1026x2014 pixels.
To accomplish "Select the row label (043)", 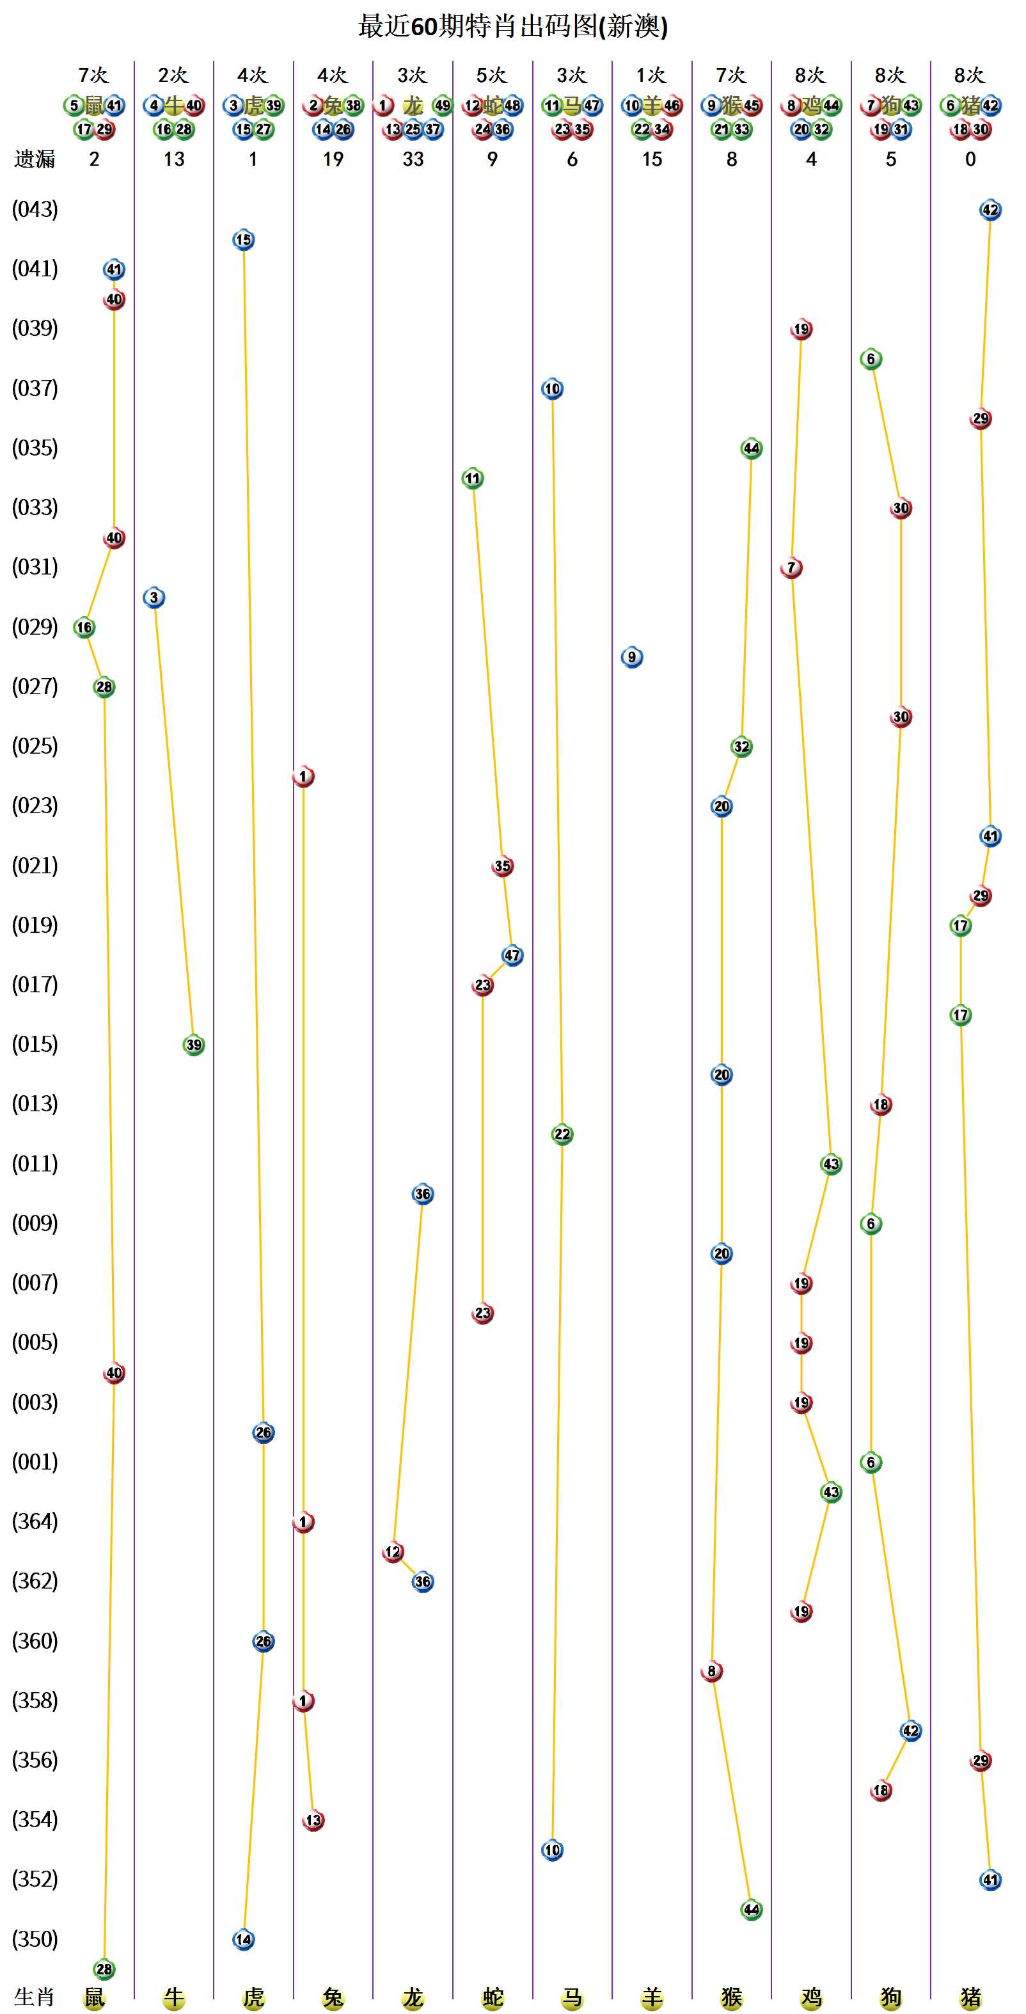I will click(35, 210).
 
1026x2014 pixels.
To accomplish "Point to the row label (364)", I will click(35, 1521).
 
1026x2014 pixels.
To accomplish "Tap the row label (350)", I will click(35, 1939).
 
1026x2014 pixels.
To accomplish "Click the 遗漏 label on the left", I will click(35, 159).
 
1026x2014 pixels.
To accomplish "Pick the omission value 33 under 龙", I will click(413, 159).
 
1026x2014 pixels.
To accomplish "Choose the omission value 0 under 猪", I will click(970, 159).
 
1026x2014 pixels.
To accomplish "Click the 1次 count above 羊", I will click(652, 75).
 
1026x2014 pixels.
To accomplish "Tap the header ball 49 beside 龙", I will click(442, 106).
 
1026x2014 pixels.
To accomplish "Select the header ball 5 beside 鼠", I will click(74, 106).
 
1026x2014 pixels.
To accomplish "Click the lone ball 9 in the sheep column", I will click(632, 658).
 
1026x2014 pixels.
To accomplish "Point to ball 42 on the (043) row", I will click(990, 210).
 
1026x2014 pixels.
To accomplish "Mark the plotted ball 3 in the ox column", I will click(154, 598).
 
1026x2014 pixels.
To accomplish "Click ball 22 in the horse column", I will click(562, 1134).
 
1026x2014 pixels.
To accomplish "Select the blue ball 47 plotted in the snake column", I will click(512, 955).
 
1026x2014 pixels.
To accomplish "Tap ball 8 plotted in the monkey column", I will click(711, 1672).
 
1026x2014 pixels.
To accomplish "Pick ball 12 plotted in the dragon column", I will click(392, 1552).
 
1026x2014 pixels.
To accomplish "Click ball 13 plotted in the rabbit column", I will click(313, 1821).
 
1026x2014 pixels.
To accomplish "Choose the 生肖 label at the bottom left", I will click(35, 1997).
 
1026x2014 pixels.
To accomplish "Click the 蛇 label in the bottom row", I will click(493, 1997).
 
